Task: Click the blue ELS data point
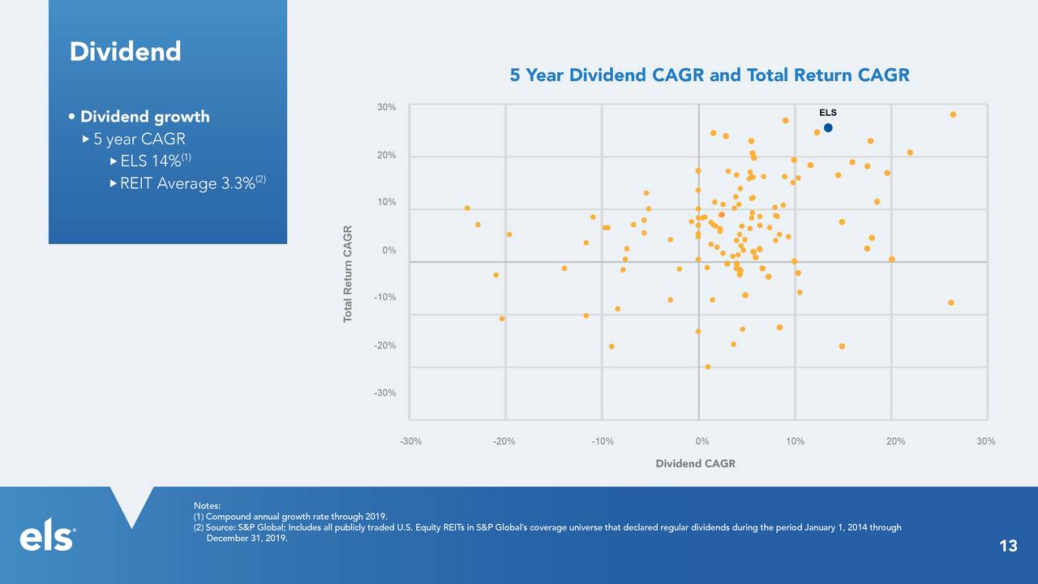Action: pyautogui.click(x=828, y=127)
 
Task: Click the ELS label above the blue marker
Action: pyautogui.click(x=827, y=113)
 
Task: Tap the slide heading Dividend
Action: pyautogui.click(x=125, y=52)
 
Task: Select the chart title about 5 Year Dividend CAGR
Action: pyautogui.click(x=710, y=75)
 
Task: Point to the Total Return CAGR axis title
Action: pyautogui.click(x=348, y=273)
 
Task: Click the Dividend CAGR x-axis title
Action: pyautogui.click(x=696, y=464)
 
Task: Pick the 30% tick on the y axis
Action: pyautogui.click(x=386, y=107)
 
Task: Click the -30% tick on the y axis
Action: pyautogui.click(x=384, y=393)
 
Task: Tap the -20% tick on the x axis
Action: pyautogui.click(x=504, y=441)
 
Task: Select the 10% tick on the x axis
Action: pyautogui.click(x=795, y=441)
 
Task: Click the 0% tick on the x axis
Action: pyautogui.click(x=702, y=441)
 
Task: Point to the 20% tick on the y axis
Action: pyautogui.click(x=386, y=155)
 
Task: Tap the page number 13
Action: pyautogui.click(x=1008, y=546)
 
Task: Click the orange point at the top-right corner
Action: pyautogui.click(x=953, y=114)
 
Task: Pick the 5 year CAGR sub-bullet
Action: pyautogui.click(x=139, y=139)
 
